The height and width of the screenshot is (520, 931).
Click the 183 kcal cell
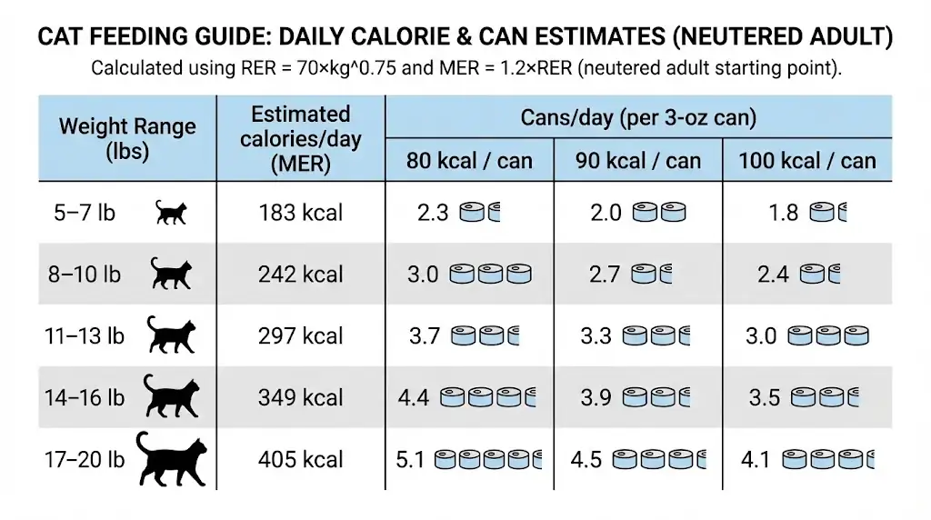300,213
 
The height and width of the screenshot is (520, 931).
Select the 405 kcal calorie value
300,459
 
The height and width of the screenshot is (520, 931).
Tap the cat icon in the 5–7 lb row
170,213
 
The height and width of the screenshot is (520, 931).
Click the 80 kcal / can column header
470,162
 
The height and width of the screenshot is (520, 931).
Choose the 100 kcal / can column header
807,162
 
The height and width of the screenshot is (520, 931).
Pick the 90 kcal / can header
638,162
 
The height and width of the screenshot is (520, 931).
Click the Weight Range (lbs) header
127,138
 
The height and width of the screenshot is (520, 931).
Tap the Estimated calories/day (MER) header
300,138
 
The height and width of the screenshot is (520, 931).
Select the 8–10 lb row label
85,275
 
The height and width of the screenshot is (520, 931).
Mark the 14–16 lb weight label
85,397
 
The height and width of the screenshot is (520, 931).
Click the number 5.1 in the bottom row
411,459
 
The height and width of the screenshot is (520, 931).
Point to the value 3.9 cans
596,397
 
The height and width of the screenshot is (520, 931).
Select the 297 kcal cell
300,336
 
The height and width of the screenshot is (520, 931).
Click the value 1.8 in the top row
783,213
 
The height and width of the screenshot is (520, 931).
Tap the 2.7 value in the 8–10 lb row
605,275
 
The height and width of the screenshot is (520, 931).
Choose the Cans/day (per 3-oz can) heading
638,118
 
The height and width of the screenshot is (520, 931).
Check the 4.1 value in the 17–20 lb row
756,459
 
